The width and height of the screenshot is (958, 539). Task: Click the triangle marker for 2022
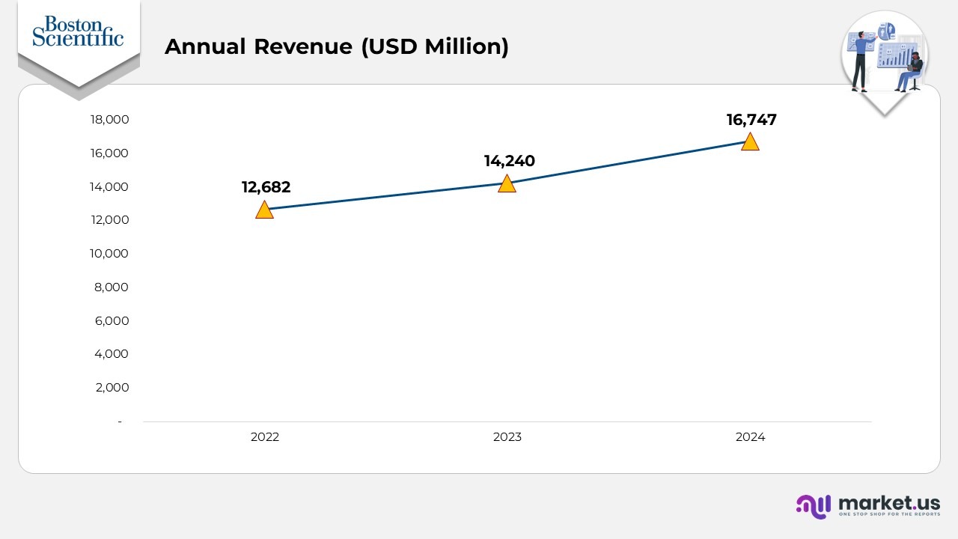pos(264,210)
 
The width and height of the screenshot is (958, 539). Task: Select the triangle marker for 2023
pos(507,184)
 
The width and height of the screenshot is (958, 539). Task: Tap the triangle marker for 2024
pos(750,142)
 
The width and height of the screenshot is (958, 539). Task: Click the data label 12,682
pos(266,187)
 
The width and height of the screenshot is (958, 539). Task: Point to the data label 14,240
pos(509,161)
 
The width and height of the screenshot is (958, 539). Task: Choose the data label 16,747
pos(751,120)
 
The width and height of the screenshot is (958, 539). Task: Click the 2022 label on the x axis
pos(265,437)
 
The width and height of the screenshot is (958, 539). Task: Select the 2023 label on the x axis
pos(507,437)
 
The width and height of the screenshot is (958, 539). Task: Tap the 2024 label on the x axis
pos(750,437)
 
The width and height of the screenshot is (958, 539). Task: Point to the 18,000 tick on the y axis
pos(109,120)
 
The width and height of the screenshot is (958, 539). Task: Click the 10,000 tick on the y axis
pos(109,254)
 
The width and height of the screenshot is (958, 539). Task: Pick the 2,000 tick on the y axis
pos(112,388)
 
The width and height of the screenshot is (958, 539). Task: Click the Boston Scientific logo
pos(78,31)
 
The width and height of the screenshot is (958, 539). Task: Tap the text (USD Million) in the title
pos(434,46)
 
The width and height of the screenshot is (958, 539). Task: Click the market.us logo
pos(868,505)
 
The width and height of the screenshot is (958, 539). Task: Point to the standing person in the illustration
pos(861,60)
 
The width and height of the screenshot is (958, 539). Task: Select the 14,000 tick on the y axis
pos(109,186)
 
